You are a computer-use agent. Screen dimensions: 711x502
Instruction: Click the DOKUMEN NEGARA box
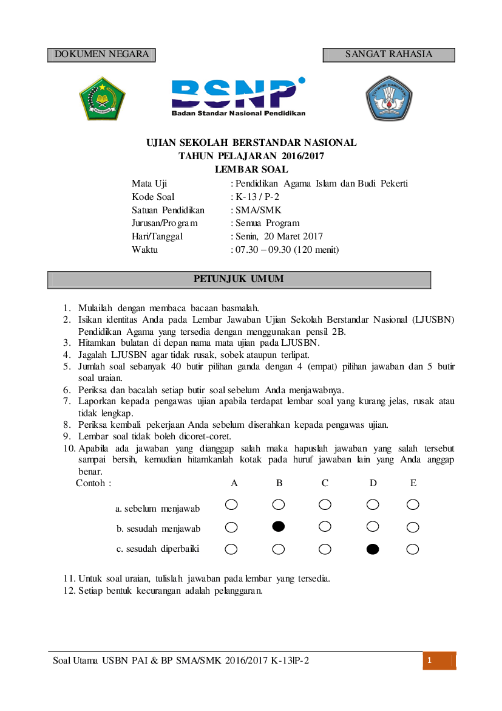click(101, 55)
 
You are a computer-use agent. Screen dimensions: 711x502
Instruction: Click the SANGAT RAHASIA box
click(388, 55)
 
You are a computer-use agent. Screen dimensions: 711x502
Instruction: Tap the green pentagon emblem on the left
click(101, 98)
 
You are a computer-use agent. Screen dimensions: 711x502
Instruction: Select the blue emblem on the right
click(388, 98)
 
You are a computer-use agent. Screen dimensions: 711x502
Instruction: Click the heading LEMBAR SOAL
click(251, 170)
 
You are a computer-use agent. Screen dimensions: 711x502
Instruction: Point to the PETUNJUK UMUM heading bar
click(239, 280)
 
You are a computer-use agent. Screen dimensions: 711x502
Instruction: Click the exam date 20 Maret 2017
click(297, 236)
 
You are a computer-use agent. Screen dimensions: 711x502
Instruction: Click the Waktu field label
click(144, 250)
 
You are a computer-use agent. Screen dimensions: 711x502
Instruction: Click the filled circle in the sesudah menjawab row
click(279, 526)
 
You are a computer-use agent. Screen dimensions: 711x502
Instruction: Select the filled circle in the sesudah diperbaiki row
click(373, 549)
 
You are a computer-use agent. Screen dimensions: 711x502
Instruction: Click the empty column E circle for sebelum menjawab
click(413, 504)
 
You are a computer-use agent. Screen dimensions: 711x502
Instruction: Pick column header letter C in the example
click(325, 483)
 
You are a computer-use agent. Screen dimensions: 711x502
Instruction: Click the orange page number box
click(439, 661)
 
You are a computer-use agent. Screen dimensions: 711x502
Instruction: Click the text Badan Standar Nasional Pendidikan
click(238, 113)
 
